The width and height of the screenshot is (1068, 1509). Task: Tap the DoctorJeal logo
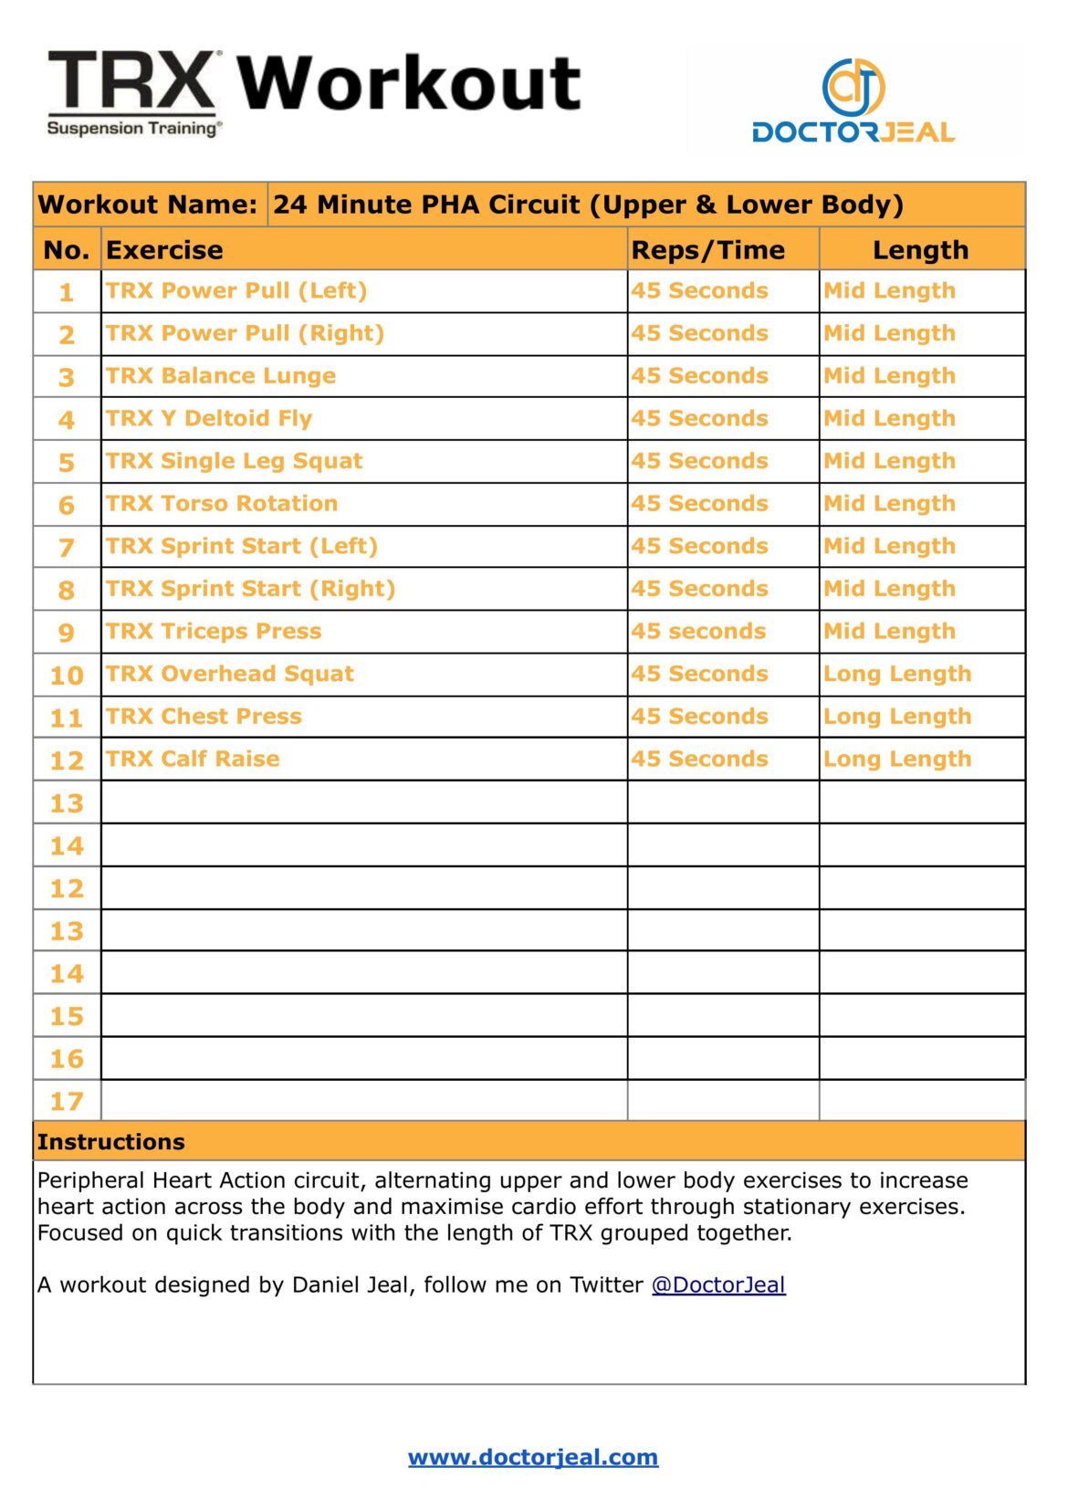[x=853, y=101]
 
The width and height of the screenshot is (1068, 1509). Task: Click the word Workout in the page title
[x=409, y=83]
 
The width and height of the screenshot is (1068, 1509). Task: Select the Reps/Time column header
[x=707, y=250]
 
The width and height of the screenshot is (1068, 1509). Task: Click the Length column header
[x=920, y=250]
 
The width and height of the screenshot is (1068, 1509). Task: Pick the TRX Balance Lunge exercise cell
[x=221, y=376]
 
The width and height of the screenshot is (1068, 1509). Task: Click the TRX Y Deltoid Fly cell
[x=209, y=419]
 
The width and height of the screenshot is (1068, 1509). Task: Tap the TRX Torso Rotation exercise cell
[x=222, y=504]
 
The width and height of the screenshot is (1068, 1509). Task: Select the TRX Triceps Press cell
[x=214, y=632]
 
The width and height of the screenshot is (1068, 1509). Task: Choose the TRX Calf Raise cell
[x=193, y=760]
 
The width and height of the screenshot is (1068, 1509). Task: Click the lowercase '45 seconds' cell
[x=698, y=632]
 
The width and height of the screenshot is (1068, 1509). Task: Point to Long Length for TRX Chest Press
[x=897, y=717]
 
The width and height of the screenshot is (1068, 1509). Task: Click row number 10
[x=67, y=676]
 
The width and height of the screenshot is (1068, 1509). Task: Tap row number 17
[x=67, y=1102]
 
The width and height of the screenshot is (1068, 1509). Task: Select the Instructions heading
[x=111, y=1142]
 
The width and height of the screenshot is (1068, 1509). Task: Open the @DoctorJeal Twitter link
[x=718, y=1285]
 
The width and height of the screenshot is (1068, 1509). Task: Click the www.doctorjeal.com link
[x=533, y=1457]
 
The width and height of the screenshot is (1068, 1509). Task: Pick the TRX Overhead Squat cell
[x=230, y=674]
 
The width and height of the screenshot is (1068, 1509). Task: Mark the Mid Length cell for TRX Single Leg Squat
[x=889, y=461]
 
